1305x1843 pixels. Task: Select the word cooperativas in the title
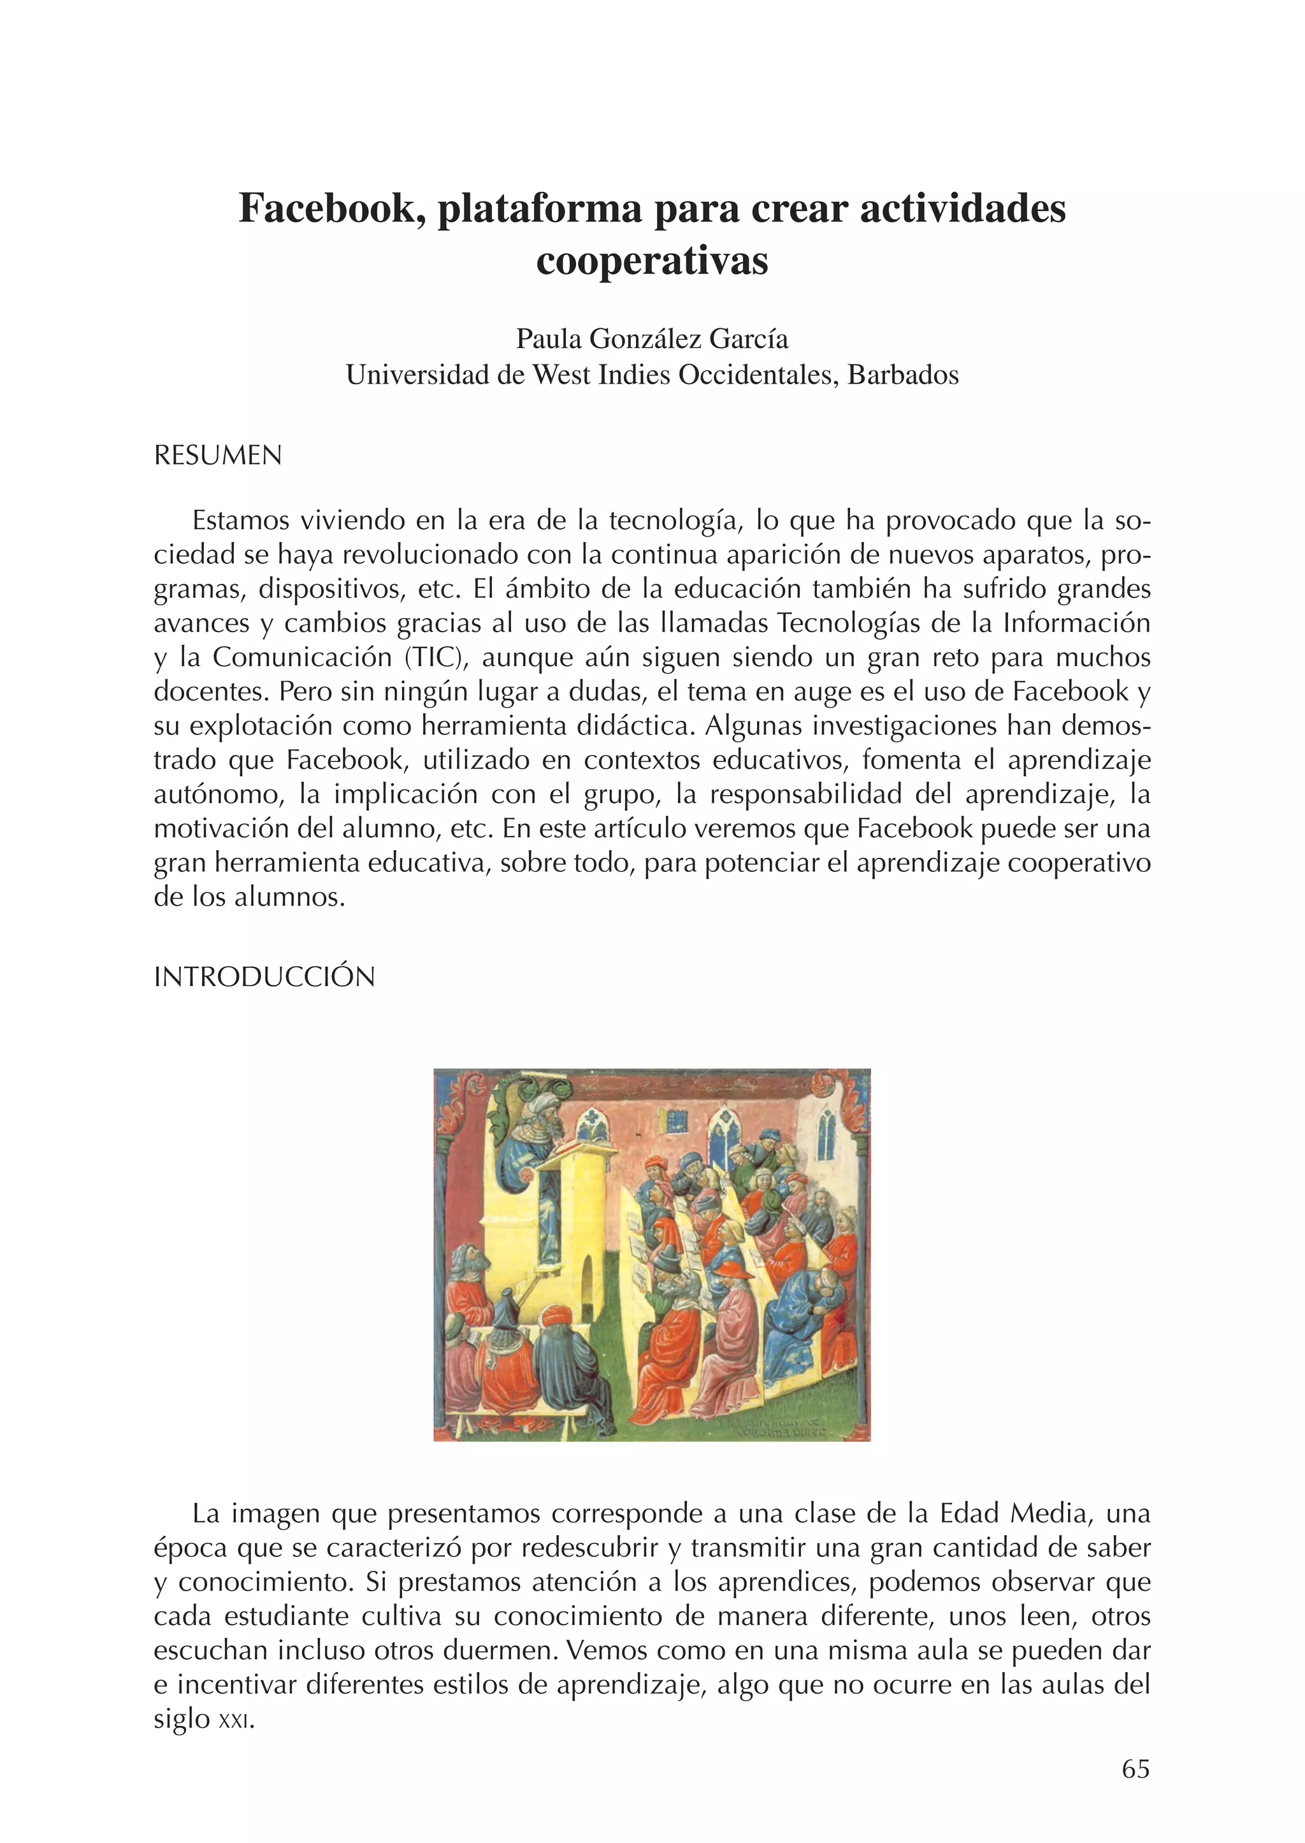pos(652,261)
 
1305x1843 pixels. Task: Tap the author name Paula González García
pos(652,339)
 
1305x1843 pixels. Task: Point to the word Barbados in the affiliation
pos(903,375)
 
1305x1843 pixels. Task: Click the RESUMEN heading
pos(218,456)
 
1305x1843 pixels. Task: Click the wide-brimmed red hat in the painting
pos(733,1268)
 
